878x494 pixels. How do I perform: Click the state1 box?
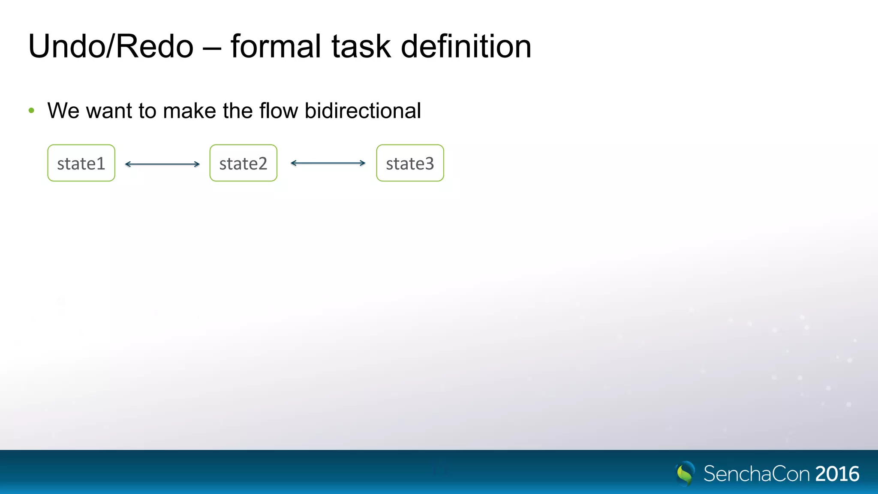pyautogui.click(x=81, y=163)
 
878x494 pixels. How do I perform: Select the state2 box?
pyautogui.click(x=243, y=163)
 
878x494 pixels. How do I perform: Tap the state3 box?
pyautogui.click(x=410, y=163)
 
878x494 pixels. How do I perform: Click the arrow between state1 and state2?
pyautogui.click(x=162, y=164)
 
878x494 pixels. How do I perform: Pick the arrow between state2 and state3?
pyautogui.click(x=328, y=163)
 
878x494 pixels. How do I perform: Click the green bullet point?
pyautogui.click(x=31, y=111)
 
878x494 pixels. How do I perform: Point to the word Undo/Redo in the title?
pyautogui.click(x=111, y=46)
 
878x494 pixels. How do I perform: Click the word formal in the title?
pyautogui.click(x=276, y=46)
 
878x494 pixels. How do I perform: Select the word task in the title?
pyautogui.click(x=361, y=46)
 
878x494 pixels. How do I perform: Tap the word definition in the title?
pyautogui.click(x=466, y=46)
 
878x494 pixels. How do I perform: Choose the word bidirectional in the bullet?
pyautogui.click(x=363, y=111)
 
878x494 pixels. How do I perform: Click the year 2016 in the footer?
pyautogui.click(x=837, y=474)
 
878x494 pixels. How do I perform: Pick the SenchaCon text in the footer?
pyautogui.click(x=757, y=474)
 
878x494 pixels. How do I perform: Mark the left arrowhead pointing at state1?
pyautogui.click(x=127, y=164)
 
